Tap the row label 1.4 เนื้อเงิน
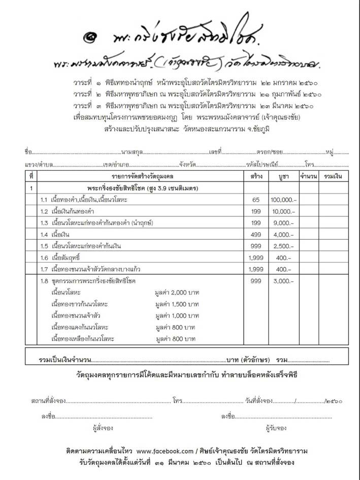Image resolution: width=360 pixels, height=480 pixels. pos(55,235)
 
